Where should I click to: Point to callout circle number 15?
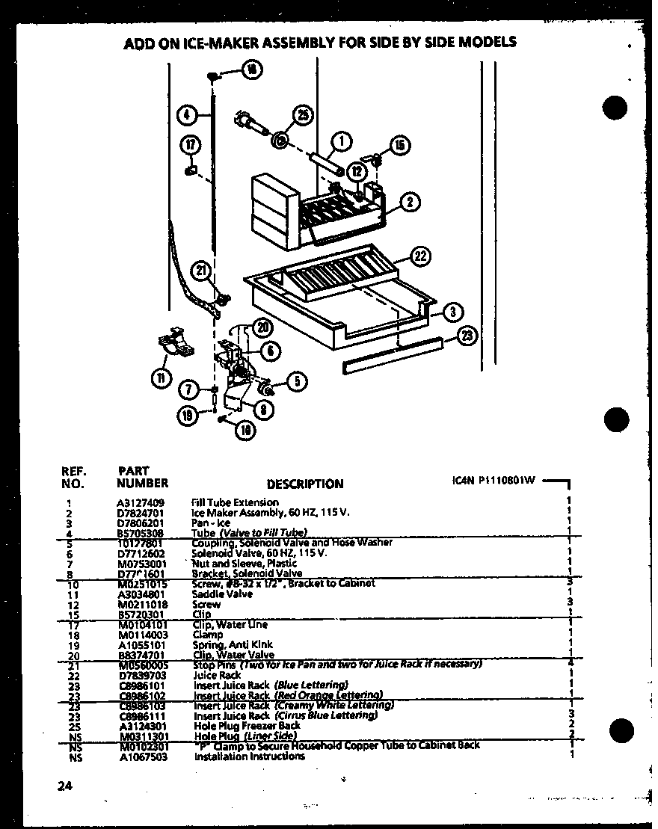[x=399, y=145]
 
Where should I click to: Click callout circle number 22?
[x=421, y=256]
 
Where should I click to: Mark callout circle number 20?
[x=262, y=327]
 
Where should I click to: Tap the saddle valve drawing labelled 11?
[x=173, y=344]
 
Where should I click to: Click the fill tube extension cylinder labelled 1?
[x=326, y=162]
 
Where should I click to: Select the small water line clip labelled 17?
[x=189, y=172]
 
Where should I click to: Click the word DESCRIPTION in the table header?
[x=304, y=484]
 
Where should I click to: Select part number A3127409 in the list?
[x=141, y=502]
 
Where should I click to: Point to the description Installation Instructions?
[x=249, y=756]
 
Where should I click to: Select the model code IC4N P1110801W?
[x=494, y=481]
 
